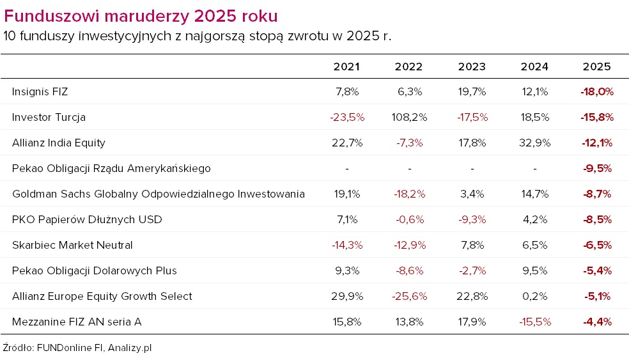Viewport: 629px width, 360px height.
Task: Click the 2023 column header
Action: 472,67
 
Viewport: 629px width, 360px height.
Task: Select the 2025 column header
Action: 597,67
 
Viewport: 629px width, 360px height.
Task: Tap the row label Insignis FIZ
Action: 40,91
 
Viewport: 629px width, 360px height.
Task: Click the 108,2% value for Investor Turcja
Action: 409,117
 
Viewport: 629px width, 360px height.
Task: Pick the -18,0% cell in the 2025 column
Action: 597,91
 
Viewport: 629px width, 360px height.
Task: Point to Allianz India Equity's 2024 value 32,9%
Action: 534,143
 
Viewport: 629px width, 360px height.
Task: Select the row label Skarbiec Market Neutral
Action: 72,245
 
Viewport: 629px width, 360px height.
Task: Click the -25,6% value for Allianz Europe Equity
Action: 409,296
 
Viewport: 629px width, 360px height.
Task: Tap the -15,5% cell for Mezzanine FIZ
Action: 534,322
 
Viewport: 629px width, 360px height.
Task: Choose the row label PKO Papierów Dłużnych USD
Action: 87,219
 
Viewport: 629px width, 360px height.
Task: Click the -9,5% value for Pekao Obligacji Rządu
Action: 597,168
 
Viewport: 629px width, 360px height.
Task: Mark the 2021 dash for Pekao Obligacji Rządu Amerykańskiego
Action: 346,168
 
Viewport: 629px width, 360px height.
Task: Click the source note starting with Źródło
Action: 77,348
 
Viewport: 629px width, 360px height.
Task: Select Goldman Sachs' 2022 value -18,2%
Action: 409,194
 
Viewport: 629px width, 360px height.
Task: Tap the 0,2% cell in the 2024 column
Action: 534,296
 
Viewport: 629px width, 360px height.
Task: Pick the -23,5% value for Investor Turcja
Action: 346,117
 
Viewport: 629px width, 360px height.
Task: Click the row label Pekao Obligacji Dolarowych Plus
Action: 94,270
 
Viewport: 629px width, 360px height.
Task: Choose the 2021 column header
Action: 346,67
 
